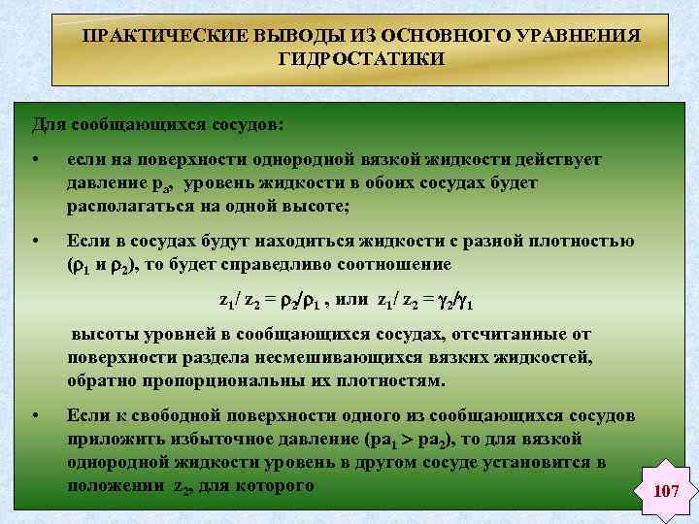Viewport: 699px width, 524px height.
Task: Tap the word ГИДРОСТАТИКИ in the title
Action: (361, 59)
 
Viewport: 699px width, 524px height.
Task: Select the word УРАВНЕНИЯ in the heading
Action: (582, 36)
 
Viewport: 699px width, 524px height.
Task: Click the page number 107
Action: (666, 492)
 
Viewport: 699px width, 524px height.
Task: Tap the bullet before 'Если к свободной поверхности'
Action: (36, 415)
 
